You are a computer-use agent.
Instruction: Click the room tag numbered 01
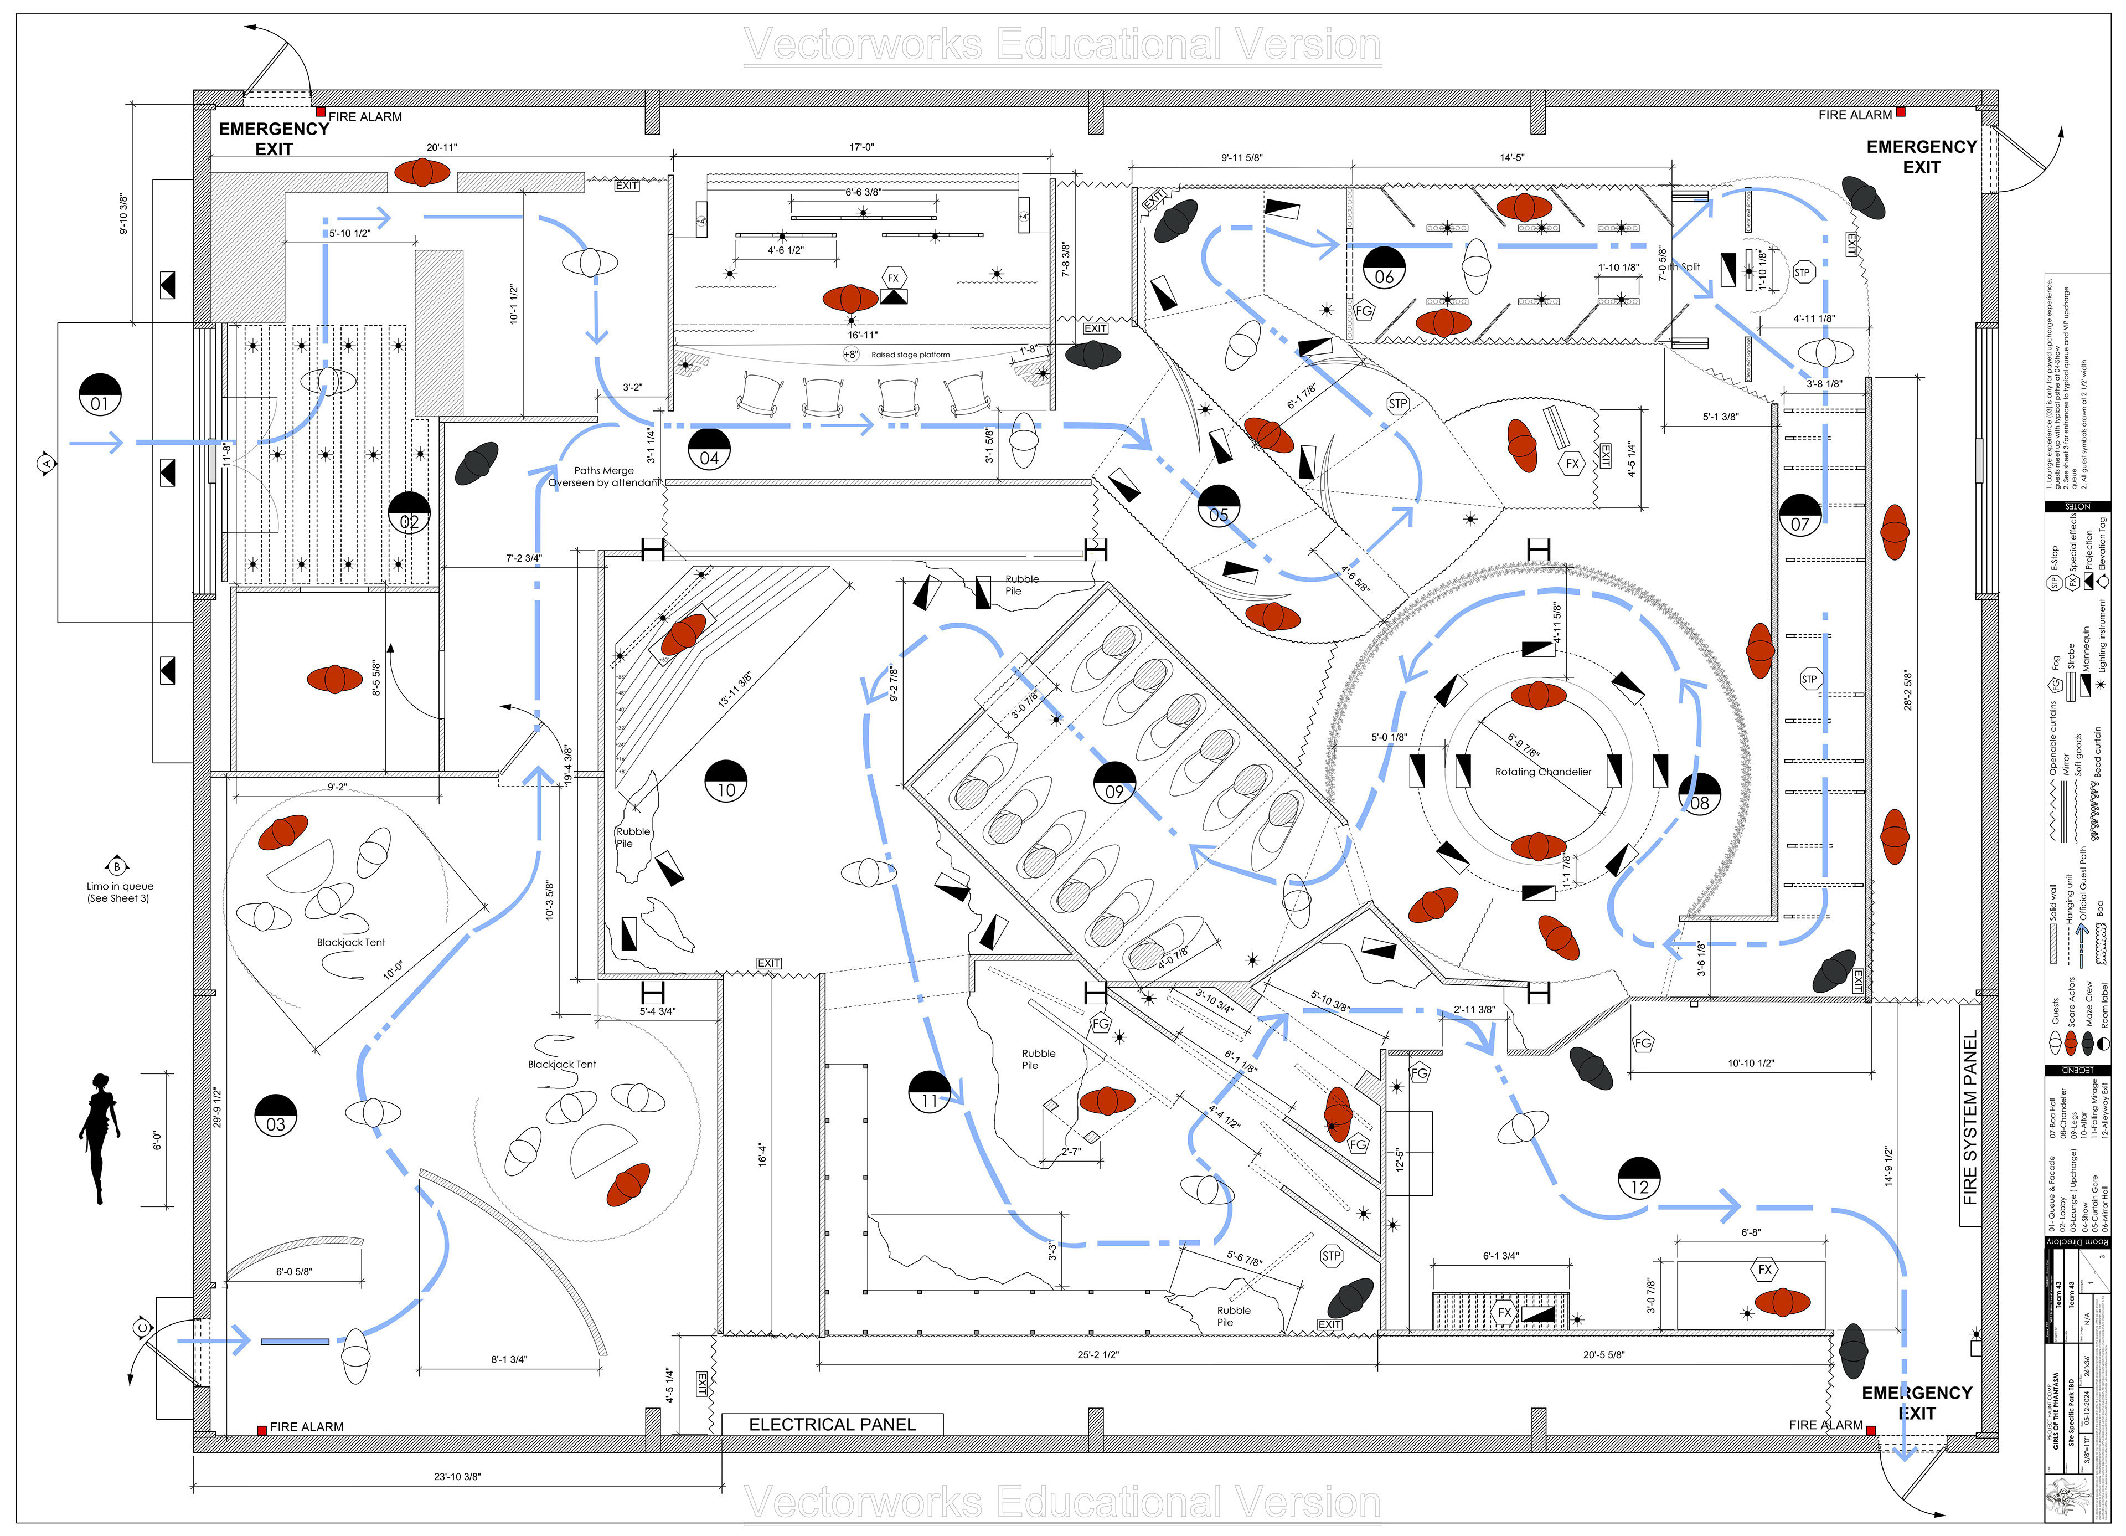99,394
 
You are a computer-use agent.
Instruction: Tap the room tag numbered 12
1639,1177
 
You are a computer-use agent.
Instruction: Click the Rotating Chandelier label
1543,772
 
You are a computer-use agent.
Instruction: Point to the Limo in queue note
119,892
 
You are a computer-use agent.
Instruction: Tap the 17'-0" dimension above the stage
861,147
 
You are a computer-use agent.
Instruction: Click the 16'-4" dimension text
763,1153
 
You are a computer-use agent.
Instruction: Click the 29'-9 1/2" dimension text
216,1107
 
